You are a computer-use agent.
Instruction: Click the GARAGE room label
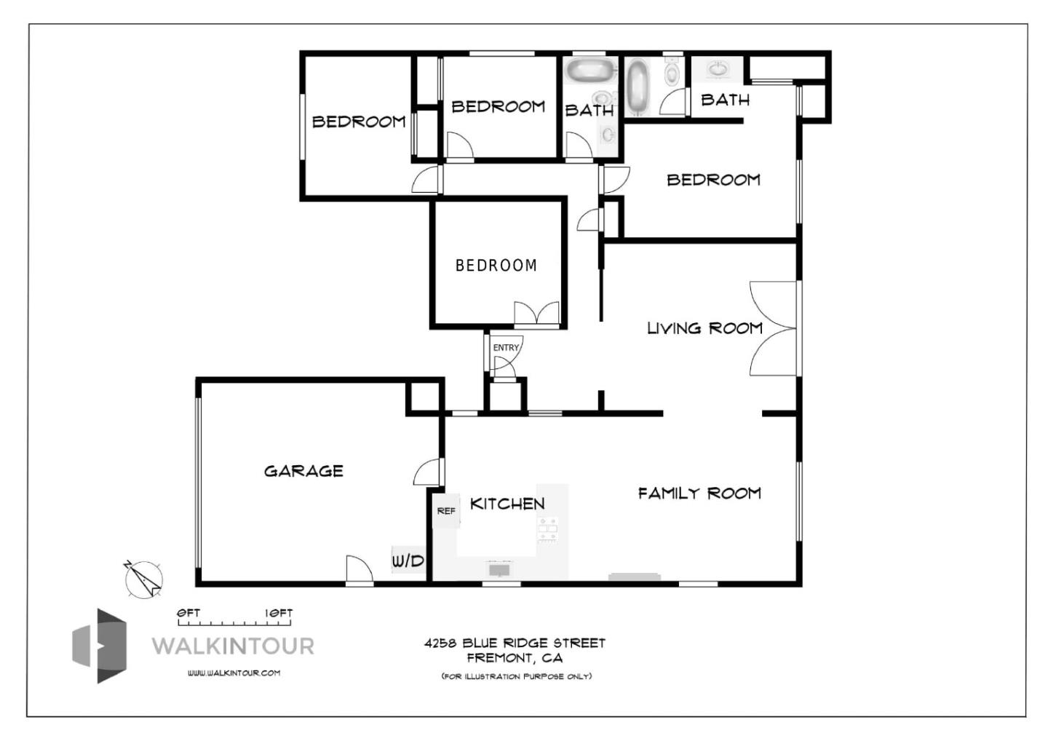point(303,471)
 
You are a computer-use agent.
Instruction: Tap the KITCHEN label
point(507,504)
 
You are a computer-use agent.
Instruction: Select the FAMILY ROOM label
point(699,494)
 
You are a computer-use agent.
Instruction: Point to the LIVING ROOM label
point(704,328)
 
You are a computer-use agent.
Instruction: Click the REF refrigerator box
point(446,511)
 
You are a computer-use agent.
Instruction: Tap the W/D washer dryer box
point(408,560)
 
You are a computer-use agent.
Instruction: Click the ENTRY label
point(506,348)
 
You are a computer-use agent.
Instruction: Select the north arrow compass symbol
point(143,579)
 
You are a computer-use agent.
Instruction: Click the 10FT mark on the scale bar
point(279,614)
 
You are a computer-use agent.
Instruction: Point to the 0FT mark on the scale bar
point(188,614)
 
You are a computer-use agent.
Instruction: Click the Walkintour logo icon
point(100,646)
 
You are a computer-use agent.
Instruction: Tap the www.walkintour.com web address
point(234,673)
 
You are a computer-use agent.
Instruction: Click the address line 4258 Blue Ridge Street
point(515,643)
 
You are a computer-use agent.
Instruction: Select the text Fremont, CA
point(515,659)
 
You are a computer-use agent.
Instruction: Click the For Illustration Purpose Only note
point(516,676)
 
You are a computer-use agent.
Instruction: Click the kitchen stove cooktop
point(547,530)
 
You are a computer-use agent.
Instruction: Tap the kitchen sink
point(499,568)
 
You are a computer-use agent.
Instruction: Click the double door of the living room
point(773,329)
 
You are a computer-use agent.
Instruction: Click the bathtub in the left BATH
point(589,71)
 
